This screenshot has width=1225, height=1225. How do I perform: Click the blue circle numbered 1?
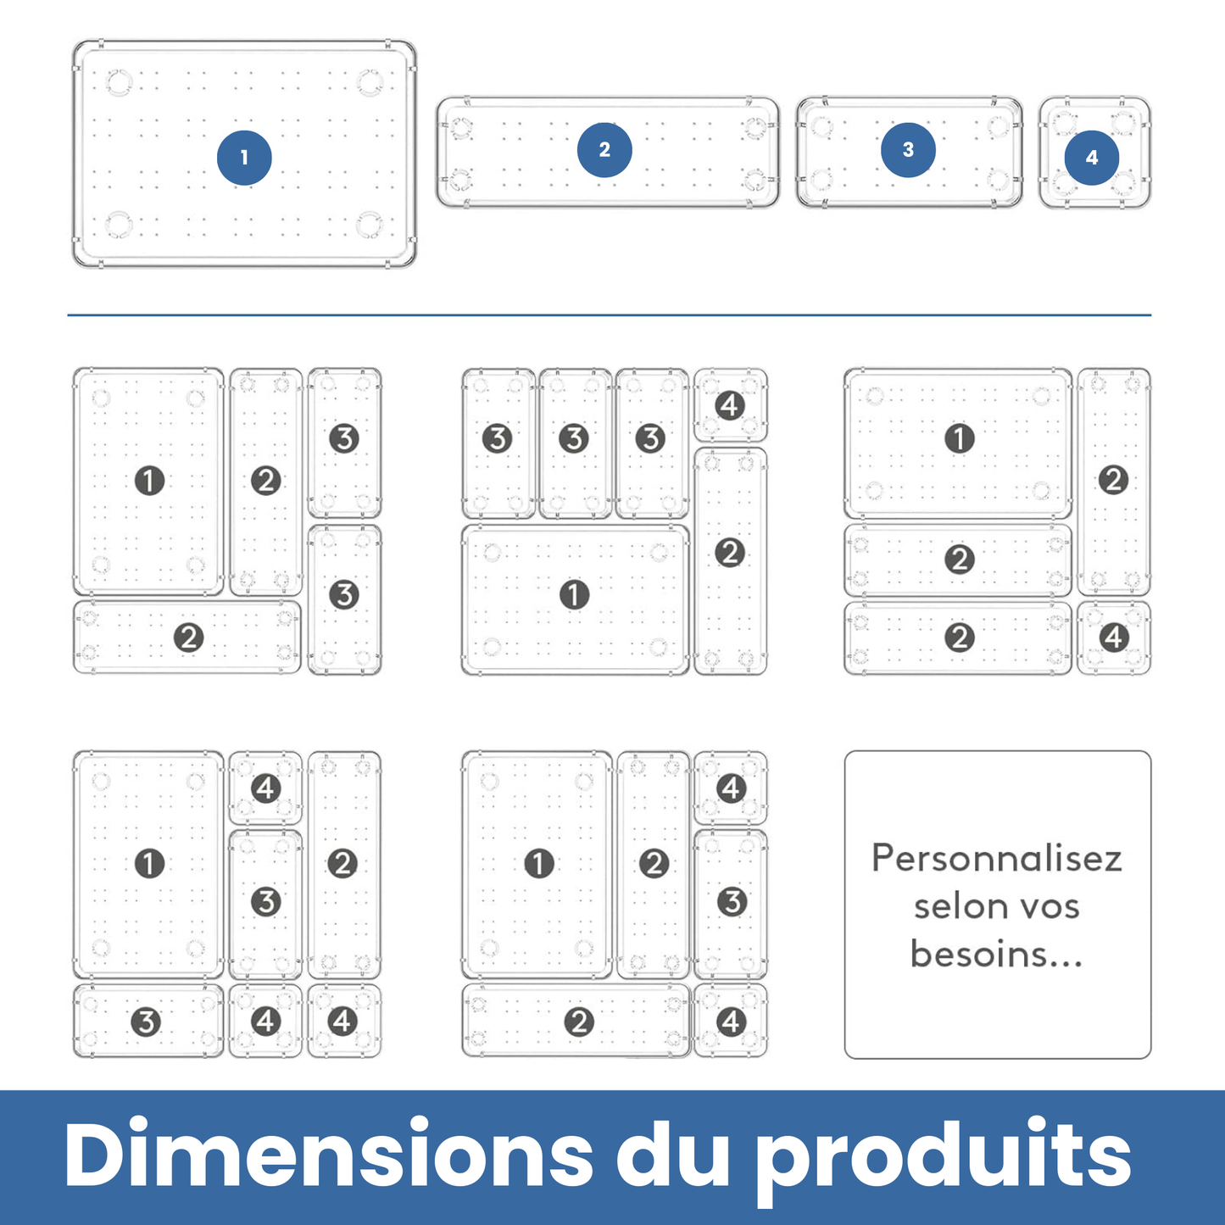[x=244, y=158]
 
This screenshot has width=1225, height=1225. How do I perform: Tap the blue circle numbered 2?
[x=604, y=150]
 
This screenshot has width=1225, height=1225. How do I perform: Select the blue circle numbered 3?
[x=908, y=150]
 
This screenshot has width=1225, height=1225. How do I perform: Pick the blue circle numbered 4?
[x=1092, y=158]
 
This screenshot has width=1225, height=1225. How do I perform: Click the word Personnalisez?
[x=997, y=858]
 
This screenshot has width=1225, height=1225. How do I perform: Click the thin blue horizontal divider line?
[x=609, y=315]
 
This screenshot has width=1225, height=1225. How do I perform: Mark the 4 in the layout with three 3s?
[x=730, y=405]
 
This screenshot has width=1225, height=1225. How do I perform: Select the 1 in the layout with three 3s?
[x=575, y=595]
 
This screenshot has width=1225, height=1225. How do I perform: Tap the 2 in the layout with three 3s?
[x=730, y=554]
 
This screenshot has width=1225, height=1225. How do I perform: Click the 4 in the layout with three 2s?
[x=1114, y=638]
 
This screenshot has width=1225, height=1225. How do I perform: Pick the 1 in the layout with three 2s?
[x=960, y=438]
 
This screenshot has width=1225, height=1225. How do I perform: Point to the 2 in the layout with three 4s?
[x=342, y=864]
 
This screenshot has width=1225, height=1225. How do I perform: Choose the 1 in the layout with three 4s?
[x=149, y=864]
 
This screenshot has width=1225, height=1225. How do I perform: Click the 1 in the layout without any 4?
[x=149, y=481]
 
